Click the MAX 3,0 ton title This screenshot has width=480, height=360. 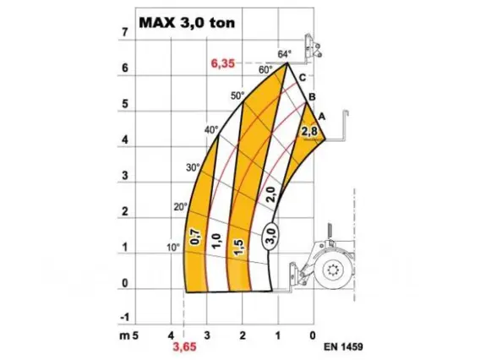(x=187, y=23)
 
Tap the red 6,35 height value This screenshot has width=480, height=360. (x=223, y=63)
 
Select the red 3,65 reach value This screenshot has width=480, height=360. (x=184, y=346)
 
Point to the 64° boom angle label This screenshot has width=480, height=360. (x=285, y=54)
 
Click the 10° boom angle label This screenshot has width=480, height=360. (x=173, y=248)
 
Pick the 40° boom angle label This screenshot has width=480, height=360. (x=212, y=130)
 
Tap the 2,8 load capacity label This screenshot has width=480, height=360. (x=309, y=132)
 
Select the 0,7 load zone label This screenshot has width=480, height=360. (x=195, y=237)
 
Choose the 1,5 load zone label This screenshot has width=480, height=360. (x=239, y=247)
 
